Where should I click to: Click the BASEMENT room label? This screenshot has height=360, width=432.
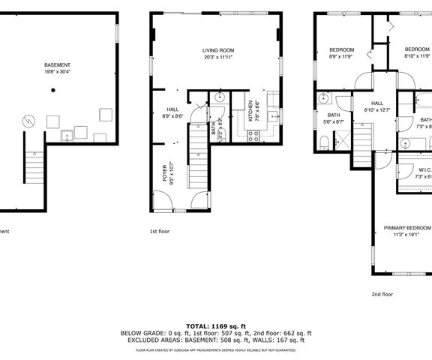click(57, 65)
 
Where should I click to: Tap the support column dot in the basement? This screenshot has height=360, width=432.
click(53, 90)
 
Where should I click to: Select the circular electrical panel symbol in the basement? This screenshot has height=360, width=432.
click(27, 120)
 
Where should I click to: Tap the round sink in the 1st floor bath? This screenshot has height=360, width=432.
click(220, 97)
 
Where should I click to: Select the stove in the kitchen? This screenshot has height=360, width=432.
click(253, 135)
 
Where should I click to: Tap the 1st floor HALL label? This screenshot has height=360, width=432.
click(172, 109)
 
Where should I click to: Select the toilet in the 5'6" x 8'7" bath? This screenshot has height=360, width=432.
click(323, 142)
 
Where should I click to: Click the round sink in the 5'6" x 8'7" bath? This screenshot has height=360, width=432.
click(325, 97)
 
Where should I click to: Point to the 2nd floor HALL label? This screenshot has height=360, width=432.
click(377, 103)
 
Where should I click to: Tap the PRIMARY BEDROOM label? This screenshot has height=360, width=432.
click(407, 227)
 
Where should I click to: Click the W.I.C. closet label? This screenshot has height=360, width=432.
click(424, 169)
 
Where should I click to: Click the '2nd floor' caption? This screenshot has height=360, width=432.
click(382, 294)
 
